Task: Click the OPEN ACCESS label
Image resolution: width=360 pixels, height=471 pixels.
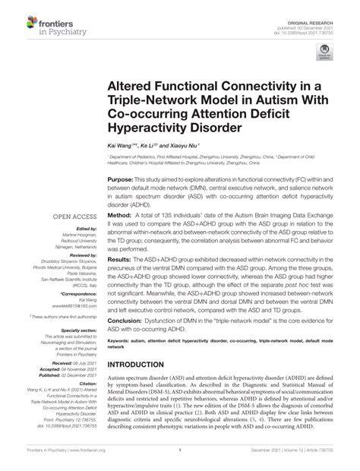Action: coord(71,217)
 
